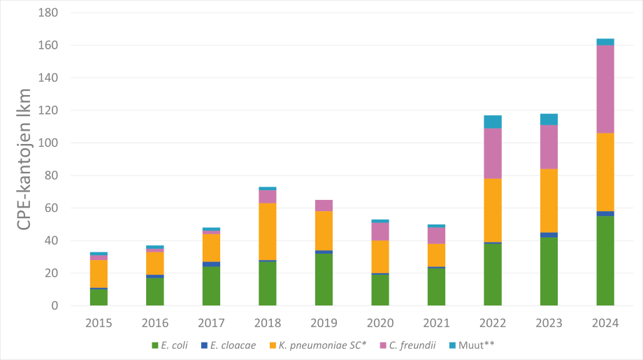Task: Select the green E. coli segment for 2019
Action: click(x=324, y=280)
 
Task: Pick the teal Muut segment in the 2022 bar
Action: click(x=493, y=122)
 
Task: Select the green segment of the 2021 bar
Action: click(x=436, y=287)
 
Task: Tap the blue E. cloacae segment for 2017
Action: click(x=211, y=264)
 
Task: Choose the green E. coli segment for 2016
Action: click(x=155, y=291)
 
